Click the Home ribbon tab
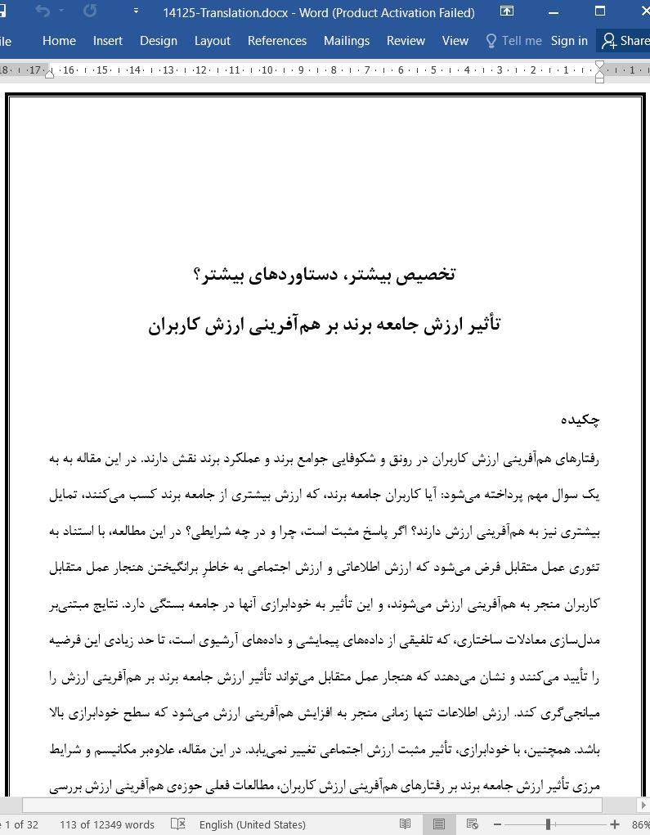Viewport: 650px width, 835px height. click(59, 41)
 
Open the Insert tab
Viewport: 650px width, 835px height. click(108, 41)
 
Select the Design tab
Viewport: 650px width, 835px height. click(159, 41)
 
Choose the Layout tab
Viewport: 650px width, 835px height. click(213, 41)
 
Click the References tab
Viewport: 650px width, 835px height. click(277, 41)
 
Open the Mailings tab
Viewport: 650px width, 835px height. click(347, 41)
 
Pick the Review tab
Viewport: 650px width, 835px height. click(406, 41)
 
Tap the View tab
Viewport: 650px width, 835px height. click(455, 41)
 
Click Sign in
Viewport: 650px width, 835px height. click(569, 41)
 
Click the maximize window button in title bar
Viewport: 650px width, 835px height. click(600, 11)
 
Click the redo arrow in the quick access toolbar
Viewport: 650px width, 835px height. click(90, 11)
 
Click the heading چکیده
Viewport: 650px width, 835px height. click(581, 420)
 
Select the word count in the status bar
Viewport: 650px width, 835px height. click(106, 824)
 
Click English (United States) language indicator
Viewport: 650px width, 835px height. click(252, 824)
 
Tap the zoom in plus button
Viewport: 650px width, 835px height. click(615, 824)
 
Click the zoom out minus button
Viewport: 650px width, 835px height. click(497, 824)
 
